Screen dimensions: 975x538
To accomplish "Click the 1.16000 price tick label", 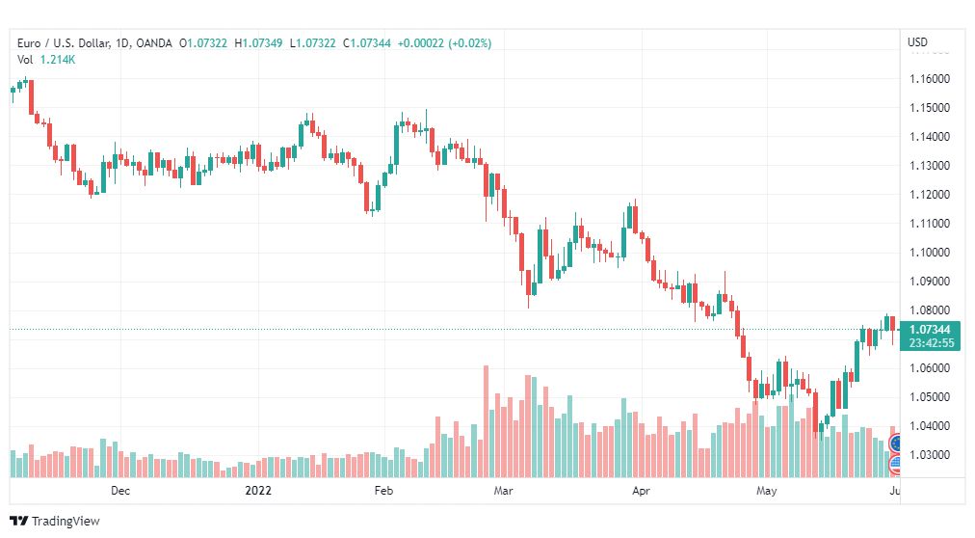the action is coord(930,79).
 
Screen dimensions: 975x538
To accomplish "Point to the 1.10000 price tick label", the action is coord(930,253).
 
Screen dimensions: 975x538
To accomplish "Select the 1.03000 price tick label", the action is coord(930,455).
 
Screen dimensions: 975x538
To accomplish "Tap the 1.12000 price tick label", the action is coord(930,195).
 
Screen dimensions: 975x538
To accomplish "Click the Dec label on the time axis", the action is coord(120,491).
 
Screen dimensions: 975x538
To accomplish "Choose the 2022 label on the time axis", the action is coord(258,491).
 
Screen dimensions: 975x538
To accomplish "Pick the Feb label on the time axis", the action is coord(383,491).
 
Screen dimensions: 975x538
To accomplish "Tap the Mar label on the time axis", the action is coord(503,491).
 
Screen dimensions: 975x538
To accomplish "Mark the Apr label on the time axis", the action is coord(641,491).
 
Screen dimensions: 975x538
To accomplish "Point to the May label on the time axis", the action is coord(767,491).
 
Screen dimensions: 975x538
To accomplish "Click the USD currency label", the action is coord(918,42).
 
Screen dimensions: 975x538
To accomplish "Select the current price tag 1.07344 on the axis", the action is coord(930,330).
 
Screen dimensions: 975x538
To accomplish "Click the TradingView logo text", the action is coord(66,522).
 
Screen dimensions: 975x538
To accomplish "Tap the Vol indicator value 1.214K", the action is coord(58,60).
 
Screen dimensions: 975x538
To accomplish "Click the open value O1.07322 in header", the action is coord(203,43).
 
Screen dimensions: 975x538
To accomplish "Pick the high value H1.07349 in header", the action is coord(258,43).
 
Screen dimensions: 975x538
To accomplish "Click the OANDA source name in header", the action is coord(153,43).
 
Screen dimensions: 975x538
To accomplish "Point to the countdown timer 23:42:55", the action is coord(931,343).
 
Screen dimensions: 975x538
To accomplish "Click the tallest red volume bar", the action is coord(486,421).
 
